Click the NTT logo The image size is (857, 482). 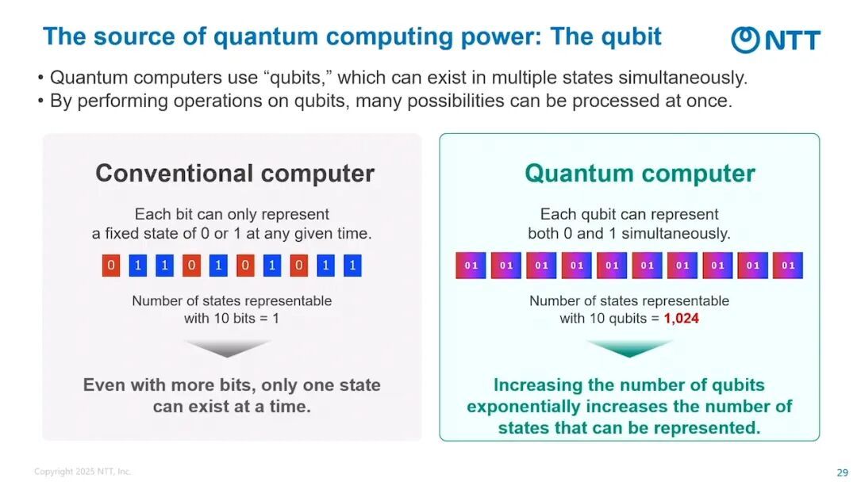(x=775, y=40)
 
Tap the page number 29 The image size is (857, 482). (x=842, y=472)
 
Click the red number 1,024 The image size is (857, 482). (x=681, y=318)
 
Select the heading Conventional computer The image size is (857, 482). (x=235, y=174)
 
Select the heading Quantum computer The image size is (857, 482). (x=640, y=174)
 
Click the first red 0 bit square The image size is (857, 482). (x=111, y=266)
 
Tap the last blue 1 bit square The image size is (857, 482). (x=352, y=266)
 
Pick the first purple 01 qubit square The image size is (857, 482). (x=471, y=266)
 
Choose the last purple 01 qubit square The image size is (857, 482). (x=788, y=266)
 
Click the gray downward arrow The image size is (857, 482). (x=228, y=348)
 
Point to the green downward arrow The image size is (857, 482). (x=629, y=348)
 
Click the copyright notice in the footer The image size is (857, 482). (x=83, y=471)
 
